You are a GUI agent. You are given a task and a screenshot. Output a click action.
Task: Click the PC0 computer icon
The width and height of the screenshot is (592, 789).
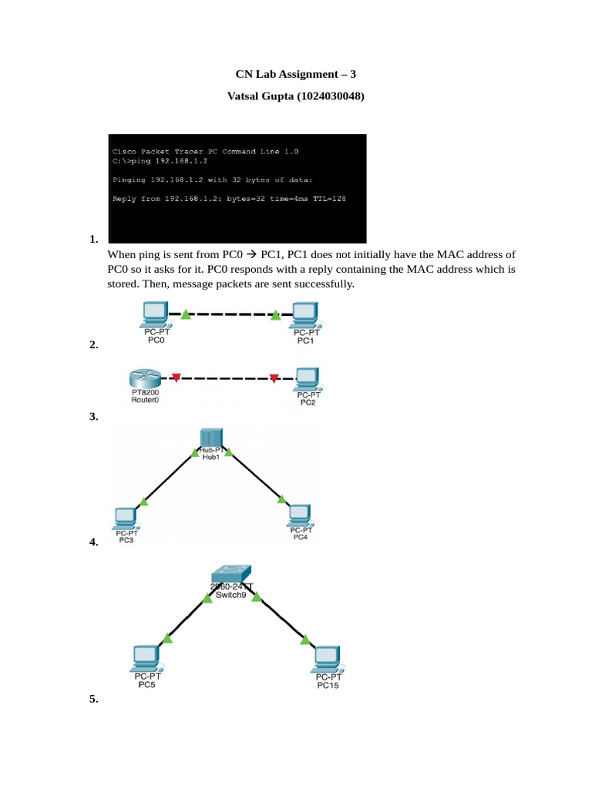point(154,314)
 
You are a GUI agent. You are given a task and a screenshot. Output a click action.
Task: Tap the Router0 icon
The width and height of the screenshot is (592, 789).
point(145,378)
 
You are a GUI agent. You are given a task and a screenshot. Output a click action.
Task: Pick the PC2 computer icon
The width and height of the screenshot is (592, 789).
point(308,379)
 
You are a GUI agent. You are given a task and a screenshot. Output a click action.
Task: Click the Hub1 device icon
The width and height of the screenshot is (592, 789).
point(211,438)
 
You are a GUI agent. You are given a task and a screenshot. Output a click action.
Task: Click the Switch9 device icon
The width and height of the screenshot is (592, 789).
point(231,573)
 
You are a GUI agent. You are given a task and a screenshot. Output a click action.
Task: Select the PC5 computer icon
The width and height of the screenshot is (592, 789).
point(147,659)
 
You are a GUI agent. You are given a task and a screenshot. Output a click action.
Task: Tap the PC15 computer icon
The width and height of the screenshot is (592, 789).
point(328,660)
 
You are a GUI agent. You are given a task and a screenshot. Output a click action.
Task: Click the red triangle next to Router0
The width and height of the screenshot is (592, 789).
point(177,378)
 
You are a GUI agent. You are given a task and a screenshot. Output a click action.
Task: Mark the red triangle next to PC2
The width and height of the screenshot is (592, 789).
point(274,378)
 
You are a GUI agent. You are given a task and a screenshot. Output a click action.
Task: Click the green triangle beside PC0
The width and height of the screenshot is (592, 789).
point(186,314)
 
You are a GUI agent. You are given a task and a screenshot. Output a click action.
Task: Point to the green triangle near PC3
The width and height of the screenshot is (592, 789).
point(144,501)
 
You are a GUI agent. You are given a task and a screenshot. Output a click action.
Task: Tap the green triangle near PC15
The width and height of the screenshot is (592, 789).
point(305,640)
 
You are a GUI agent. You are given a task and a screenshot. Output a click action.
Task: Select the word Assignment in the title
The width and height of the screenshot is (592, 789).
point(308,74)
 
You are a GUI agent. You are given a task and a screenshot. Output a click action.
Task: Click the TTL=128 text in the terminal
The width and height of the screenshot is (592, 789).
point(329,199)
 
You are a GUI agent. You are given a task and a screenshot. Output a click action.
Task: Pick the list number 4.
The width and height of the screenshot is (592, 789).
point(93,542)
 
